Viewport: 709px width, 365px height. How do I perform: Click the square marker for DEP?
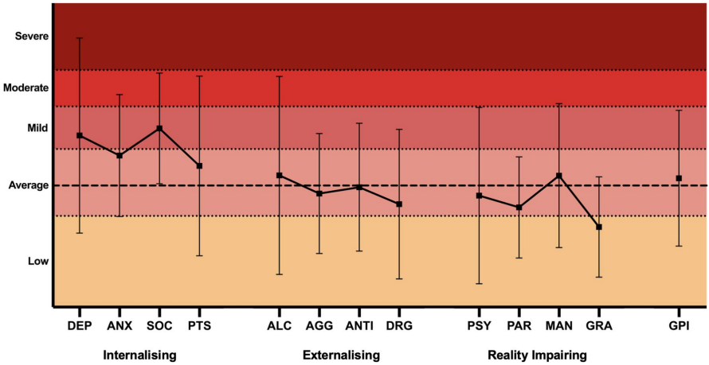80,135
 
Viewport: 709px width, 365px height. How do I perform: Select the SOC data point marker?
159,128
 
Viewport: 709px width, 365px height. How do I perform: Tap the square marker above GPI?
679,177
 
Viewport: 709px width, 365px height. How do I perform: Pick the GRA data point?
599,227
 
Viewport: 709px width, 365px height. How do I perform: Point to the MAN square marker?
559,175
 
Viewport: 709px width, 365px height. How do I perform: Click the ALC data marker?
280,175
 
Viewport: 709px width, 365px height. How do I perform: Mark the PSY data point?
480,196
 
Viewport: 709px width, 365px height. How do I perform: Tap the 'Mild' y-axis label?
37,127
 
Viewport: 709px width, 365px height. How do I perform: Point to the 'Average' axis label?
28,185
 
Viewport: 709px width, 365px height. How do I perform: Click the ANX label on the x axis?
119,324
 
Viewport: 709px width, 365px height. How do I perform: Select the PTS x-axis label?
199,324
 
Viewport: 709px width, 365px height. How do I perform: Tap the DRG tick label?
399,324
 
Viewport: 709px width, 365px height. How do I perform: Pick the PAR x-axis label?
519,324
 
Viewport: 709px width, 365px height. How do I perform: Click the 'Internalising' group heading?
139,354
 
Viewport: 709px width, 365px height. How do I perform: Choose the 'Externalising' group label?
341,354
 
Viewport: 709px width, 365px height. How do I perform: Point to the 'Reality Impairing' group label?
537,354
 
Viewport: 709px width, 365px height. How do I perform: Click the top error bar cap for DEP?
80,38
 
